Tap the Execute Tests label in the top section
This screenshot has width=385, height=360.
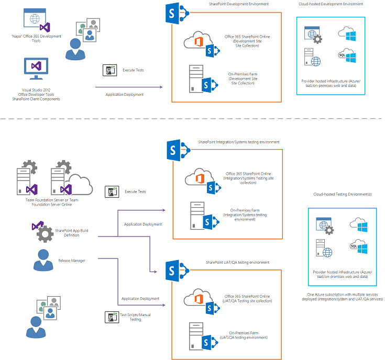(x=133, y=70)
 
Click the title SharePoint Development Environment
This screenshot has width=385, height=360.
(x=235, y=4)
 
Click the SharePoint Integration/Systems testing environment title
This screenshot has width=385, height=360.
(x=238, y=142)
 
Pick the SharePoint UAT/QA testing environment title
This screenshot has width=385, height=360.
(x=237, y=262)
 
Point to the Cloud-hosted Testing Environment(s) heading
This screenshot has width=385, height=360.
(x=343, y=194)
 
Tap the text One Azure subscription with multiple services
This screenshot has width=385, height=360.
(x=344, y=295)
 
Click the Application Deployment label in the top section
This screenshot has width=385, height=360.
(x=124, y=95)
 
